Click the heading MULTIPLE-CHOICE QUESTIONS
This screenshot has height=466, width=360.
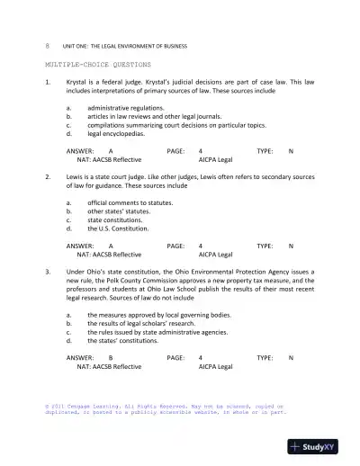98,66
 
